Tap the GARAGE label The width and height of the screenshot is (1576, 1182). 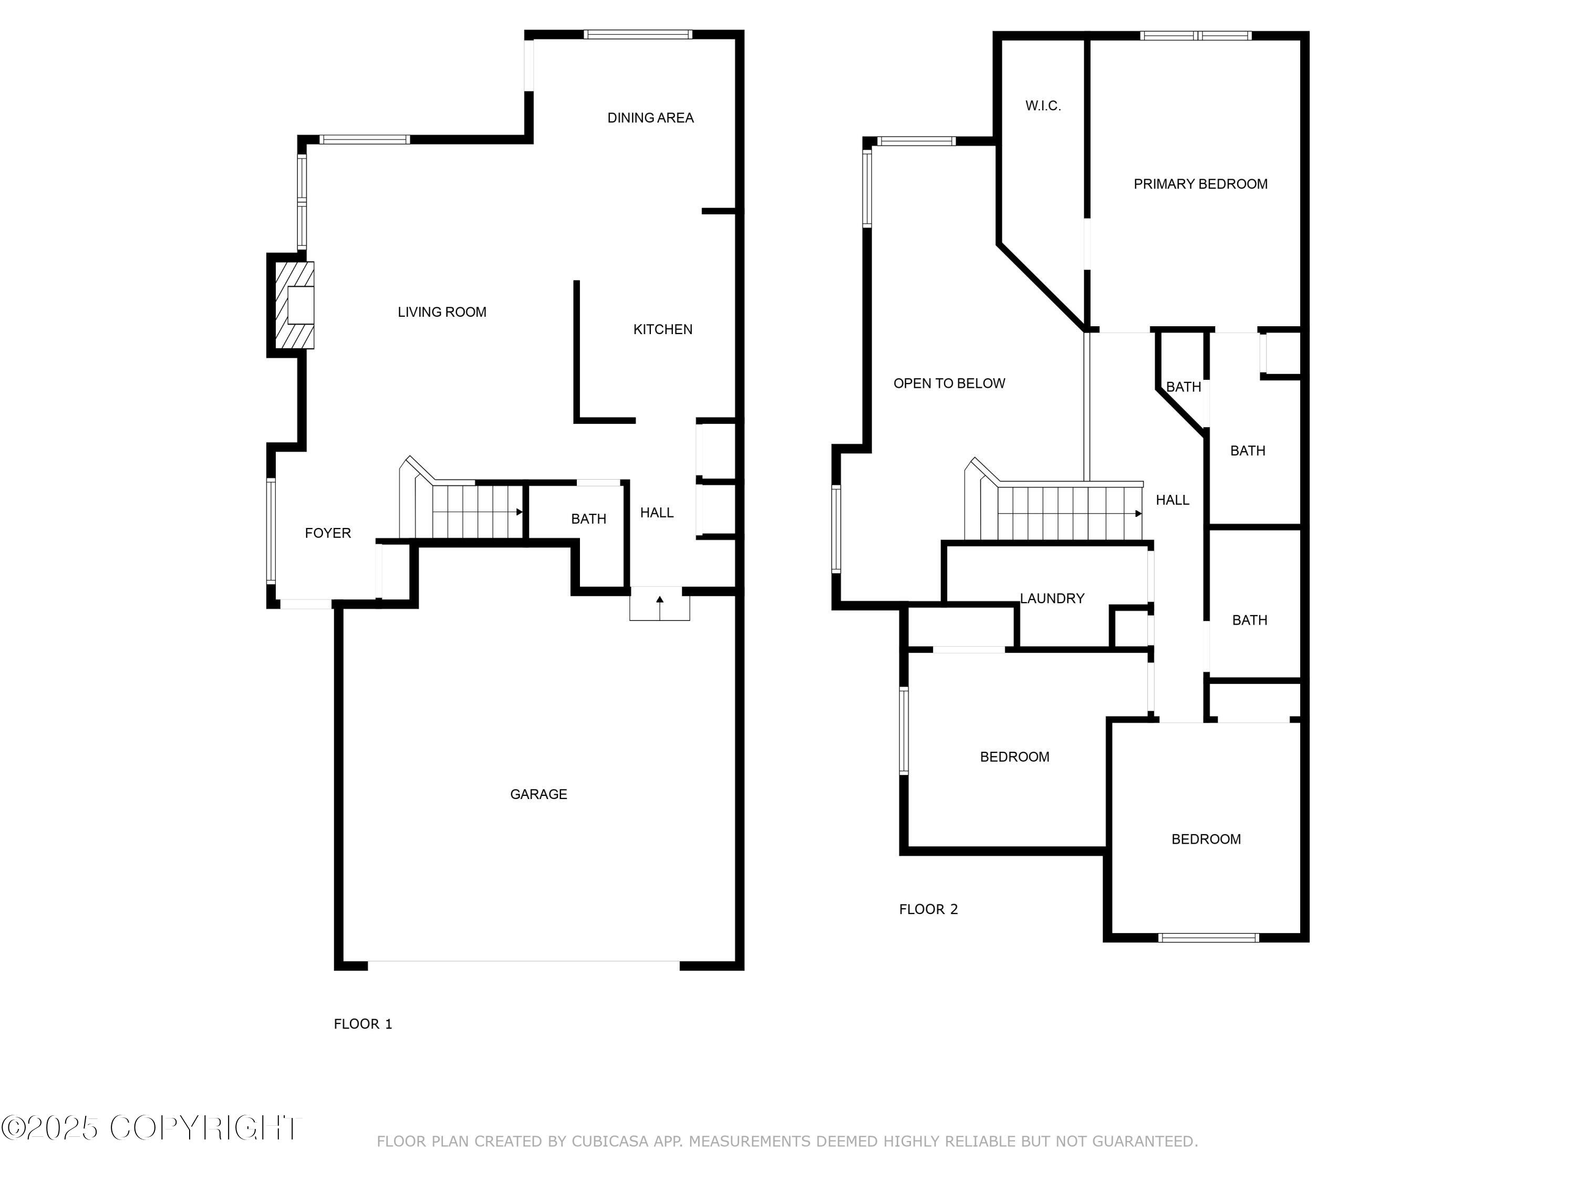[x=538, y=794]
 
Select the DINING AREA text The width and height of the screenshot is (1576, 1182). [x=650, y=118]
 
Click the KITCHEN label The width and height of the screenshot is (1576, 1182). [x=662, y=329]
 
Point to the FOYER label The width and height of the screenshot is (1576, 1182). [x=328, y=533]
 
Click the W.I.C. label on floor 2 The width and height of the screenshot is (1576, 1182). [x=1043, y=106]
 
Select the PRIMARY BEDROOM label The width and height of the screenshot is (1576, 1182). [x=1200, y=184]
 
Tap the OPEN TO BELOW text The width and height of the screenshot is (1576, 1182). [x=949, y=383]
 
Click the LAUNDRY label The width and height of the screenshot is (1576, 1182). [x=1052, y=598]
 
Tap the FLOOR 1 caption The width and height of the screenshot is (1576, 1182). [x=362, y=1024]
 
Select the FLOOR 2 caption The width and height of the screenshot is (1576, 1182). [x=928, y=909]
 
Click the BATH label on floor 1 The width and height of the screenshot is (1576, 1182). [x=588, y=519]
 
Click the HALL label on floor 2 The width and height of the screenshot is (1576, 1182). [x=1172, y=500]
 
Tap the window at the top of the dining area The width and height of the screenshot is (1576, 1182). [x=638, y=34]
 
